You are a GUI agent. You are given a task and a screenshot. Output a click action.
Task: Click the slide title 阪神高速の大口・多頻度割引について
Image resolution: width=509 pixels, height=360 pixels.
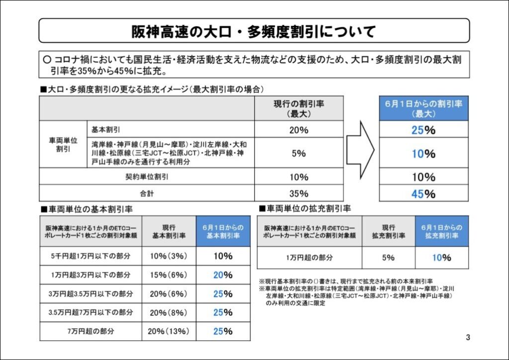click(x=254, y=31)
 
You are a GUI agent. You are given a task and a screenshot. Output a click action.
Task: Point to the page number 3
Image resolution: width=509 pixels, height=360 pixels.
click(x=468, y=338)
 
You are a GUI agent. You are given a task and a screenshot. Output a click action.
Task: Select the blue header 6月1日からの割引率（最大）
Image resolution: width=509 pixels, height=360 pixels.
click(x=424, y=108)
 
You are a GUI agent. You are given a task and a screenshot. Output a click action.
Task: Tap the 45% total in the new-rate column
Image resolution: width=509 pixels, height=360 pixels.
click(x=424, y=193)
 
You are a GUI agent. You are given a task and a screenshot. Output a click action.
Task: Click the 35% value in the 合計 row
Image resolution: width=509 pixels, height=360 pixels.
click(x=299, y=193)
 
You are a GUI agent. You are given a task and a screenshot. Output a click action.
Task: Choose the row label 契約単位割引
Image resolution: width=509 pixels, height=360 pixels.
click(x=147, y=177)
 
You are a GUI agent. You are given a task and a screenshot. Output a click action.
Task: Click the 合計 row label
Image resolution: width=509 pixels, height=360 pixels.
click(x=147, y=193)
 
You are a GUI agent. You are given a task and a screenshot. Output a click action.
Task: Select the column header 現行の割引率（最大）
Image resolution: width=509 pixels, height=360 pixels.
click(x=299, y=108)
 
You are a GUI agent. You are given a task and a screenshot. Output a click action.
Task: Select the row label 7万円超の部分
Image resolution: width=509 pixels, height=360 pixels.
click(x=91, y=331)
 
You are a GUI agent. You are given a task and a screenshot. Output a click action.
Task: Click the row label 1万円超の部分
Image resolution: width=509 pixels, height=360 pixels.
click(x=309, y=258)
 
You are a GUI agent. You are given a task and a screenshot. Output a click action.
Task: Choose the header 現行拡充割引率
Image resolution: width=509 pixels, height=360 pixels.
click(x=388, y=232)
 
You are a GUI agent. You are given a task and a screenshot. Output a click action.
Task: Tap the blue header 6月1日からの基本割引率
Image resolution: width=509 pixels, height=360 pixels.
click(x=223, y=232)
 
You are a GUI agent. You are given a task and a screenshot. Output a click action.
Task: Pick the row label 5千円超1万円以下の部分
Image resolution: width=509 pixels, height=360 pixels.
click(x=91, y=257)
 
